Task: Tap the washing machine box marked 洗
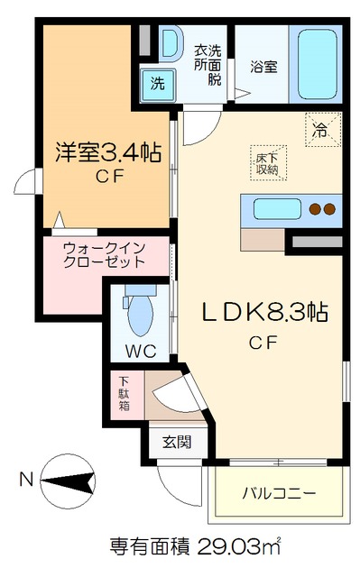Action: click(157, 84)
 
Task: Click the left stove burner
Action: click(316, 209)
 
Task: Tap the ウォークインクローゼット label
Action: click(104, 255)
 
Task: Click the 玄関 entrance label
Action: click(176, 442)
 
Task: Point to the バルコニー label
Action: click(279, 494)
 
